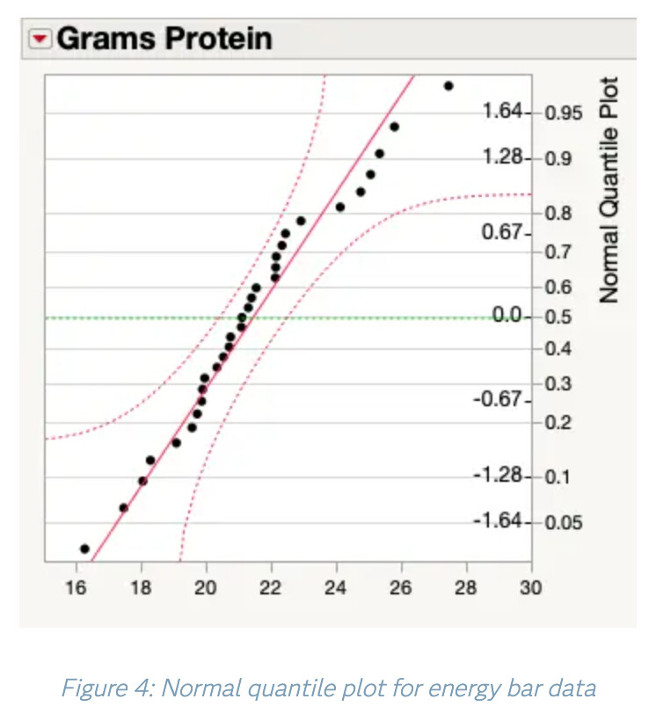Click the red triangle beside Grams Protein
coord(40,40)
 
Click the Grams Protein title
coord(164,40)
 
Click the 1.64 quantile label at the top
coord(502,112)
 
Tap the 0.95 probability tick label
coord(563,113)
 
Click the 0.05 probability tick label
coord(563,523)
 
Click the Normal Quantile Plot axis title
coord(609,190)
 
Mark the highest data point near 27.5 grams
coord(448,86)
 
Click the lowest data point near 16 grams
coord(84,549)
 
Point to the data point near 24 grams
coord(340,208)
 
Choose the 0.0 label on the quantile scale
coord(508,316)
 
